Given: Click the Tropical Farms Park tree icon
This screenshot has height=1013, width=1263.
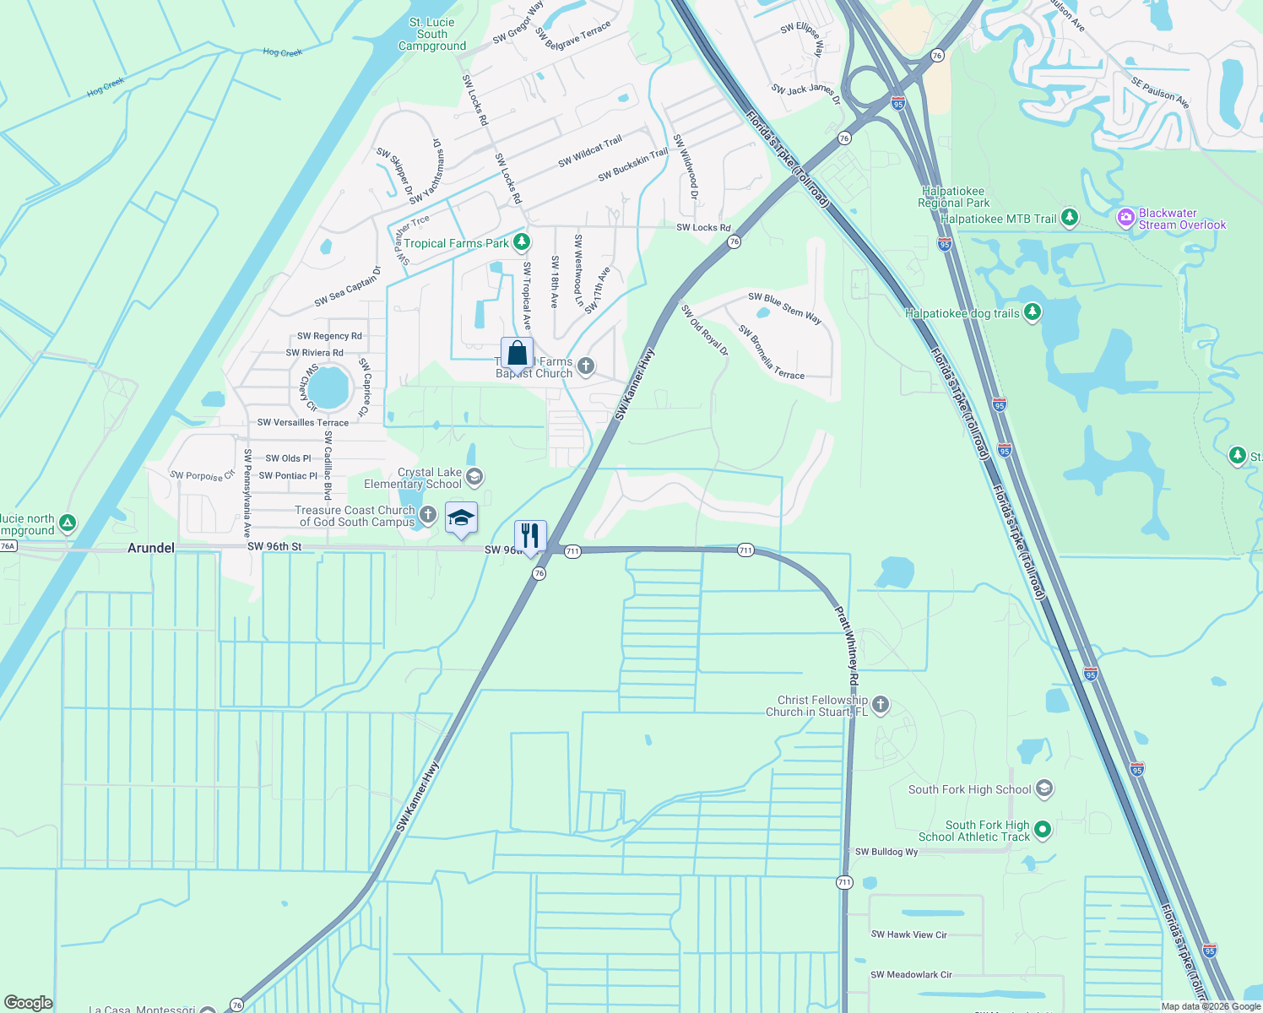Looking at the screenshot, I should [522, 243].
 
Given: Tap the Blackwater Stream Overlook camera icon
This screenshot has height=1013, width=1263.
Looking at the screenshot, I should [1125, 219].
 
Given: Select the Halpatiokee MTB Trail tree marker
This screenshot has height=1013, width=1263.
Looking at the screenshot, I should [1070, 218].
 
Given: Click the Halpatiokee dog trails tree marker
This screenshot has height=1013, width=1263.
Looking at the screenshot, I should [1032, 313].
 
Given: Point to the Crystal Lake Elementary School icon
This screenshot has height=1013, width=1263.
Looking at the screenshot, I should [474, 478].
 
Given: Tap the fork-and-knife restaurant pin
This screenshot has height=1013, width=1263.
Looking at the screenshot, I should [530, 537].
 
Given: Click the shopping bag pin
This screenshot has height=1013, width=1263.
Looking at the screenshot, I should [517, 355].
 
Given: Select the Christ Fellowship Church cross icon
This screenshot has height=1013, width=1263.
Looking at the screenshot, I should [881, 705].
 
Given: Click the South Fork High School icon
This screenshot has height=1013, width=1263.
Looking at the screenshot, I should [1044, 789].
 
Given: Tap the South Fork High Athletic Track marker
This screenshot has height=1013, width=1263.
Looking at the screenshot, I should [1043, 830].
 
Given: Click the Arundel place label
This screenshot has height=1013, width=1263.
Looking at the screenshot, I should [151, 548].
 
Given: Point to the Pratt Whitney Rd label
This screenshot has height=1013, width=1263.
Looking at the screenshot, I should [848, 646].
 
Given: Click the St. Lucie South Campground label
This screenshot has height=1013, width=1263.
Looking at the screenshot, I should [432, 35].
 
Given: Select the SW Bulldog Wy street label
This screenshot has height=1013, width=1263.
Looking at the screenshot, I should [886, 852].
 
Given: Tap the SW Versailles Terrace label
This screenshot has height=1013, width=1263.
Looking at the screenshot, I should [303, 422].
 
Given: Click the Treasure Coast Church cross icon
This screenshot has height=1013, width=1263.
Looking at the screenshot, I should [428, 514].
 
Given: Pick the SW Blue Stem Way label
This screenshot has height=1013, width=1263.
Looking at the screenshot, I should [784, 307].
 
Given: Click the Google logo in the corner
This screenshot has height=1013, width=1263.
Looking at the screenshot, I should [29, 1002].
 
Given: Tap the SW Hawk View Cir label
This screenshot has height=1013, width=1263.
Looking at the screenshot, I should [909, 934].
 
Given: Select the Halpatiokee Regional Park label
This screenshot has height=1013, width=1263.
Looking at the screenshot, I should [954, 197].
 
